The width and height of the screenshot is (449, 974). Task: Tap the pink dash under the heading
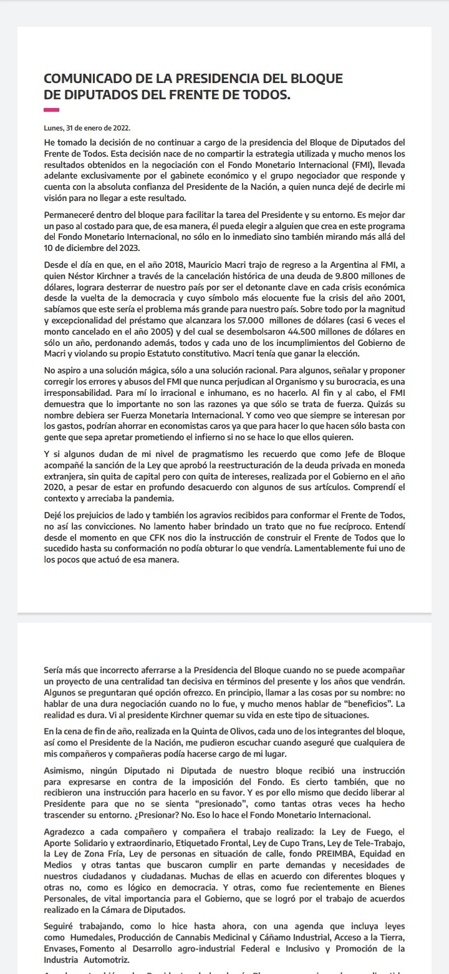click(x=51, y=110)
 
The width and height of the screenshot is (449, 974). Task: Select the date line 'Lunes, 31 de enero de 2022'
click(x=87, y=127)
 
